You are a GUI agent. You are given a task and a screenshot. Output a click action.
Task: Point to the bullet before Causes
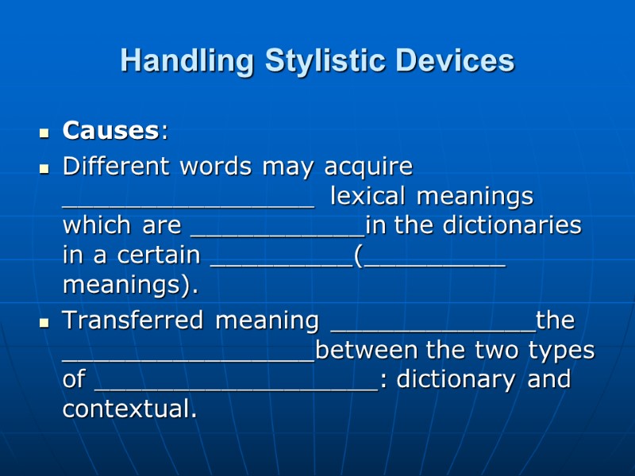pyautogui.click(x=45, y=132)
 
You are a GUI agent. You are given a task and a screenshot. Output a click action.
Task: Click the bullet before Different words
pyautogui.click(x=45, y=168)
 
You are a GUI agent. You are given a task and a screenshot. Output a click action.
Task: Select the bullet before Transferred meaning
pyautogui.click(x=45, y=323)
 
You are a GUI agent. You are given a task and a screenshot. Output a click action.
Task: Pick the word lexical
pyautogui.click(x=370, y=195)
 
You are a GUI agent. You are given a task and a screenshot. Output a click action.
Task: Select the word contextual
pyautogui.click(x=128, y=409)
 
